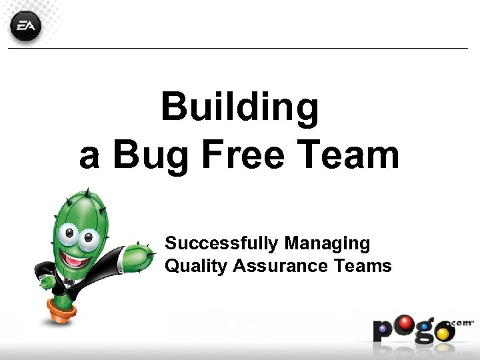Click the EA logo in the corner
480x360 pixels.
pyautogui.click(x=25, y=27)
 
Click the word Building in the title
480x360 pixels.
pyautogui.click(x=240, y=107)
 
